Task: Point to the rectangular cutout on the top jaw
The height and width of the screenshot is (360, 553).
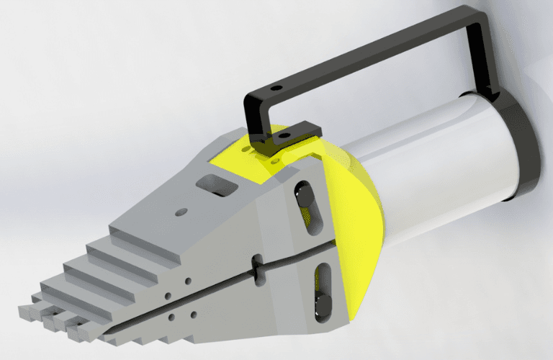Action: point(216,185)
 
